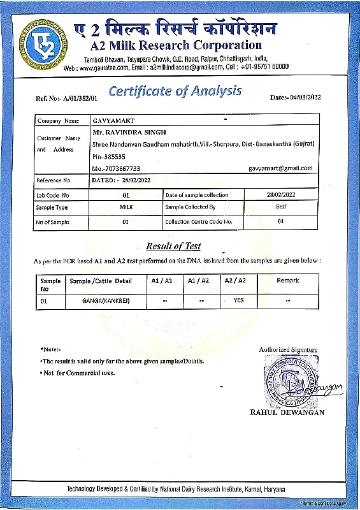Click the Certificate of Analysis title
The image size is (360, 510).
coord(175,91)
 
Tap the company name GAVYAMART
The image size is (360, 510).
coord(110,120)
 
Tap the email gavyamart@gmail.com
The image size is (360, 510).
coord(280,168)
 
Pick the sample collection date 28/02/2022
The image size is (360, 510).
coord(281,194)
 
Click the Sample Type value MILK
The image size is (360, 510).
coord(126,207)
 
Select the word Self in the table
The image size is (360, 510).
coord(281,207)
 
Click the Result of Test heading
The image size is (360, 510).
coord(173,246)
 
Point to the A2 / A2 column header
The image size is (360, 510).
coord(236,280)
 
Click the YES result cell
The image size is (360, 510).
coord(238,300)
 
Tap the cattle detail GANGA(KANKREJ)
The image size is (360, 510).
coord(106,300)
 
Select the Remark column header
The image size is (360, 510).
coord(287,280)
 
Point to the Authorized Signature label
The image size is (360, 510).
coord(288,349)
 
